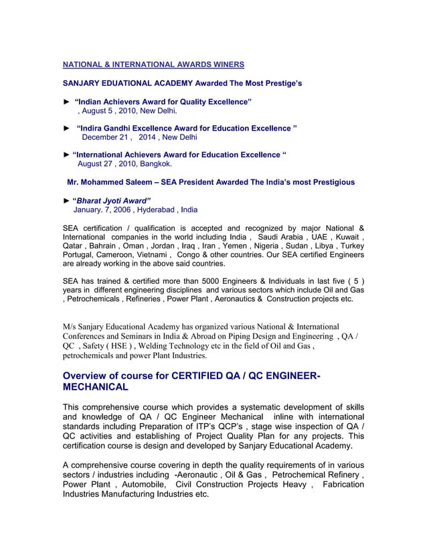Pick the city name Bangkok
pyautogui.click(x=154, y=163)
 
